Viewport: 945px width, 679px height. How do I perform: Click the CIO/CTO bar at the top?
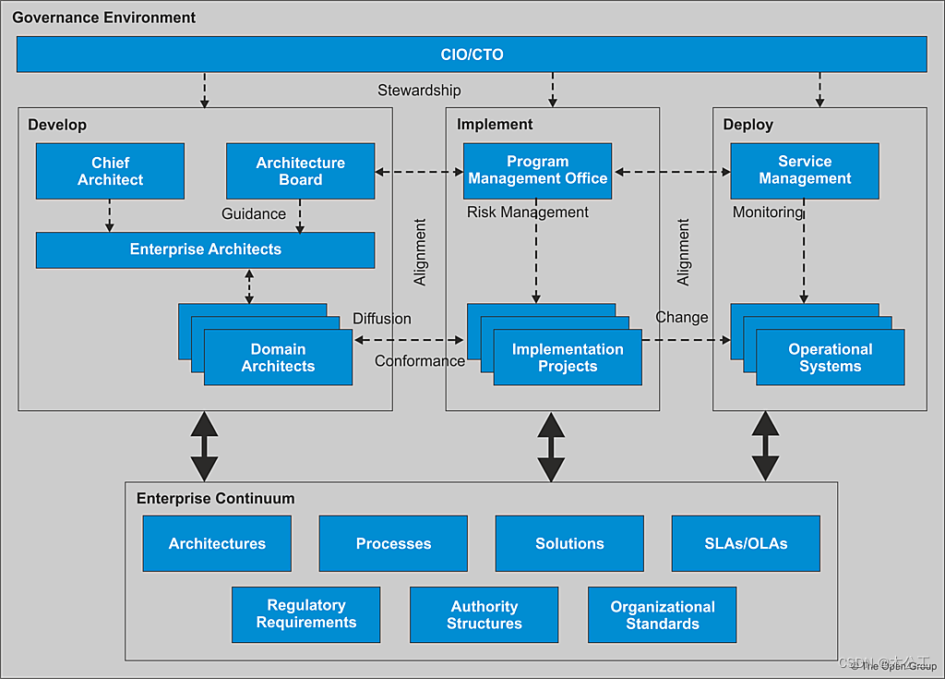(x=472, y=55)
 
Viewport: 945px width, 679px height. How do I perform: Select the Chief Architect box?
(x=110, y=171)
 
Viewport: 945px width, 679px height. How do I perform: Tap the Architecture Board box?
(x=300, y=171)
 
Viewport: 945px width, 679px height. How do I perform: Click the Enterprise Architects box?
(x=205, y=249)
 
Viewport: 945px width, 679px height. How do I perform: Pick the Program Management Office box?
(x=537, y=170)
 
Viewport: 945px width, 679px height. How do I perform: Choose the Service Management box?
(x=804, y=170)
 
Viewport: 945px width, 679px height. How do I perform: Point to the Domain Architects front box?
(x=278, y=358)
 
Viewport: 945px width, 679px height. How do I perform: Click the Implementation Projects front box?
(x=568, y=358)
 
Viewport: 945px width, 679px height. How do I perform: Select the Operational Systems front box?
(x=830, y=358)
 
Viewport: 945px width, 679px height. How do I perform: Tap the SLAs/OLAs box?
(x=746, y=543)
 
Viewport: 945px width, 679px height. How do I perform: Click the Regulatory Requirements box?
(x=305, y=614)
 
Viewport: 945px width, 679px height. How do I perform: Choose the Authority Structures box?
(x=484, y=614)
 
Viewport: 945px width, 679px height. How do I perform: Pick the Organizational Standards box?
(x=662, y=614)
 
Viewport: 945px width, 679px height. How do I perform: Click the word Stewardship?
(x=419, y=91)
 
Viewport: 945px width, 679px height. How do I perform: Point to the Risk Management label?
(x=527, y=212)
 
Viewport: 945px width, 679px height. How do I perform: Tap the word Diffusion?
(x=381, y=319)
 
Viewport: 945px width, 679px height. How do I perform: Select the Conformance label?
(x=419, y=361)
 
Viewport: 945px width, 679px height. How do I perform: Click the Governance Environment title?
(x=103, y=18)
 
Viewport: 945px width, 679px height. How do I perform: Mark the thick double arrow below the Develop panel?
(x=204, y=446)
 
